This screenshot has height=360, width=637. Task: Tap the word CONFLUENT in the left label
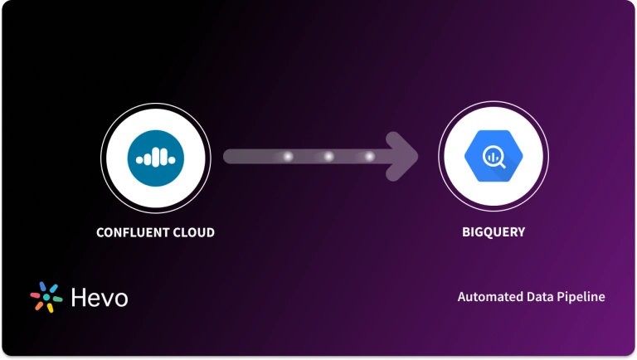point(131,232)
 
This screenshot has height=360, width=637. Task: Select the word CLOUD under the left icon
point(192,232)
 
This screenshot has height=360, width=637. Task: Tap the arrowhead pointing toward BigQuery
point(406,156)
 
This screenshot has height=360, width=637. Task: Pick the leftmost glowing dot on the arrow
point(288,156)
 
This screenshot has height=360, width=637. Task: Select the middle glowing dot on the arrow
point(328,156)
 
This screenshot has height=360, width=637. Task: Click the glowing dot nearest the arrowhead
point(369,156)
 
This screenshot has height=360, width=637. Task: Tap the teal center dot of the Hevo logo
point(46,298)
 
